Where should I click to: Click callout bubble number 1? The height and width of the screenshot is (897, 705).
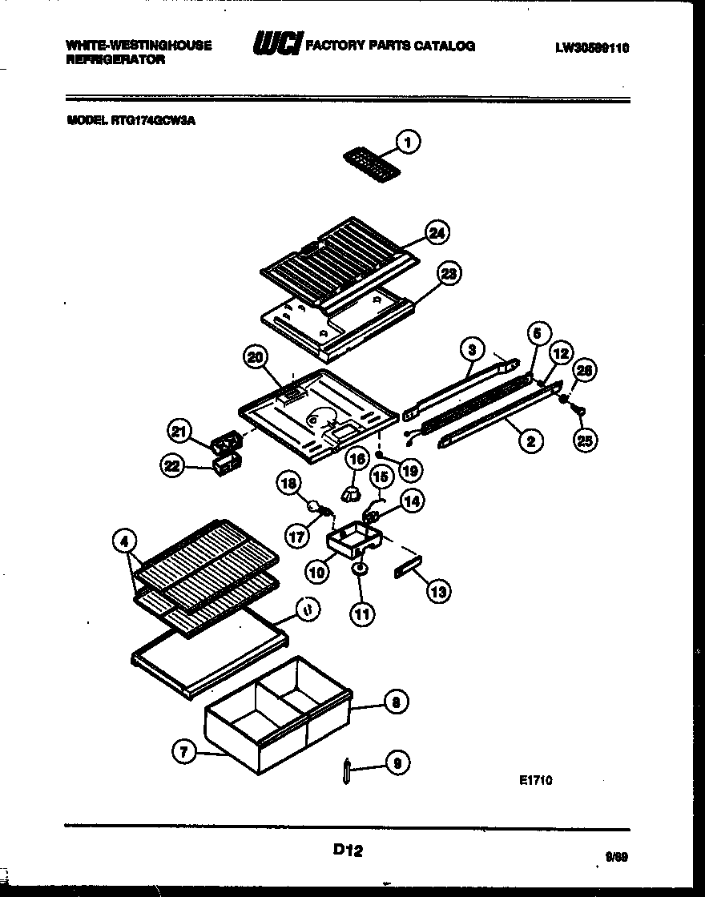click(409, 143)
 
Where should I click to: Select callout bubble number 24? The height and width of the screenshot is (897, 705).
click(437, 233)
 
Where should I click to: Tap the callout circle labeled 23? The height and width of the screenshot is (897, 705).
click(449, 275)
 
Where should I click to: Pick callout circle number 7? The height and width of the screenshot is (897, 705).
click(183, 750)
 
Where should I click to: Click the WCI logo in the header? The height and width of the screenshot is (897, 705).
click(274, 46)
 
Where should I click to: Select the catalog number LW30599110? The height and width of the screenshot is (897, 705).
click(591, 47)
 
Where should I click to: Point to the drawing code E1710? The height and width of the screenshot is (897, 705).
click(534, 779)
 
